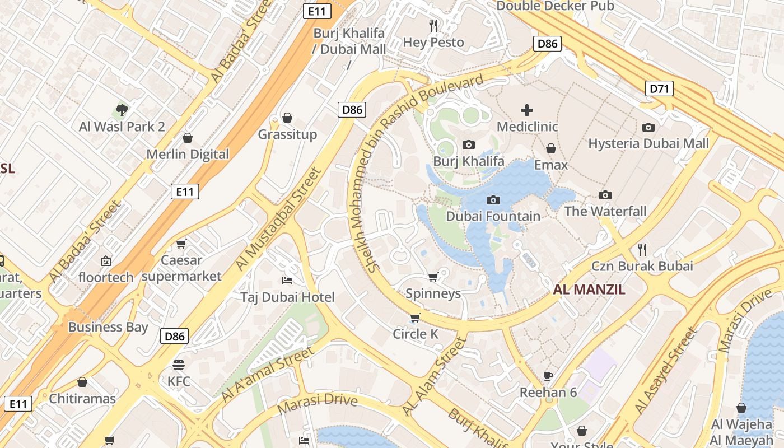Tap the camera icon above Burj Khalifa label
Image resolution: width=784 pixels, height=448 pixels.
coord(469,145)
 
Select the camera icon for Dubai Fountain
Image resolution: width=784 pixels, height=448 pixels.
coord(493,200)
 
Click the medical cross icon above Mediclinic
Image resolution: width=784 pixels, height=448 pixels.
coord(527,110)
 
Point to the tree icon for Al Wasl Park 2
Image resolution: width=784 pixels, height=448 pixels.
coord(122,110)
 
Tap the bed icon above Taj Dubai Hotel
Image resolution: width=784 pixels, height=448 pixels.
coord(287,280)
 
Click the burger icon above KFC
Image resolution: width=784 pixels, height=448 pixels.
coord(179,365)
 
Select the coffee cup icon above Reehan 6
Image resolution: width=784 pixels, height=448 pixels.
coord(548,376)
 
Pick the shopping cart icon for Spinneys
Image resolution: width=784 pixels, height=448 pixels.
coord(433,277)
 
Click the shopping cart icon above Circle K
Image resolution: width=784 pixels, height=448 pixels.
coord(415,318)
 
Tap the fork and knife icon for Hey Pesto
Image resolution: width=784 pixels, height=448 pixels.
coord(433,25)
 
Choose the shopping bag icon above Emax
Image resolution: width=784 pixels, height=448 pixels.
coord(551,148)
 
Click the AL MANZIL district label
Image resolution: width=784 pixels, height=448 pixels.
coord(589,290)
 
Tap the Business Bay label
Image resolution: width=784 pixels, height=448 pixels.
coord(108,327)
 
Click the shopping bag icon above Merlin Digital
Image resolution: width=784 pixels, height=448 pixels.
coord(188,138)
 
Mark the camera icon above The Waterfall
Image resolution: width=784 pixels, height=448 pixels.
coord(605,195)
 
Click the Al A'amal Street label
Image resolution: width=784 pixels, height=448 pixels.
coord(267,374)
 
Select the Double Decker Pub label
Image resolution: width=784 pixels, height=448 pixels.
coord(555,6)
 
